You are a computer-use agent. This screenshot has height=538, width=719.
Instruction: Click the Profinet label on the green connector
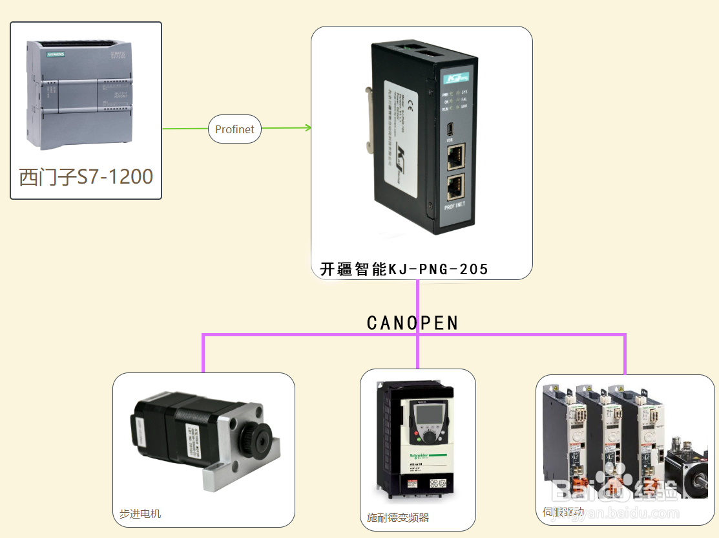click(234, 129)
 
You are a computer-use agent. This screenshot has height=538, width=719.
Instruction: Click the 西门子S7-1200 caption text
click(86, 177)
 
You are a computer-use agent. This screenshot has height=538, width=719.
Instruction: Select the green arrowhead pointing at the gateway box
click(308, 127)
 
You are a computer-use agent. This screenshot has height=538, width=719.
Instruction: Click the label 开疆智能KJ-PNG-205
click(404, 269)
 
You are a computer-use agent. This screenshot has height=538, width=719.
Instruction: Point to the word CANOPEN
click(412, 323)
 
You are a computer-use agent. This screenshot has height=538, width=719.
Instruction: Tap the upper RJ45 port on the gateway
click(455, 155)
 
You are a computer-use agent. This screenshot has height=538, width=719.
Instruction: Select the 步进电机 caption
click(140, 514)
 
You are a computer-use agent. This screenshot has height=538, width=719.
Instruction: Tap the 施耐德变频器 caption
click(398, 517)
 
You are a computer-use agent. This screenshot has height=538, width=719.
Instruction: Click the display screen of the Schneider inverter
click(426, 413)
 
